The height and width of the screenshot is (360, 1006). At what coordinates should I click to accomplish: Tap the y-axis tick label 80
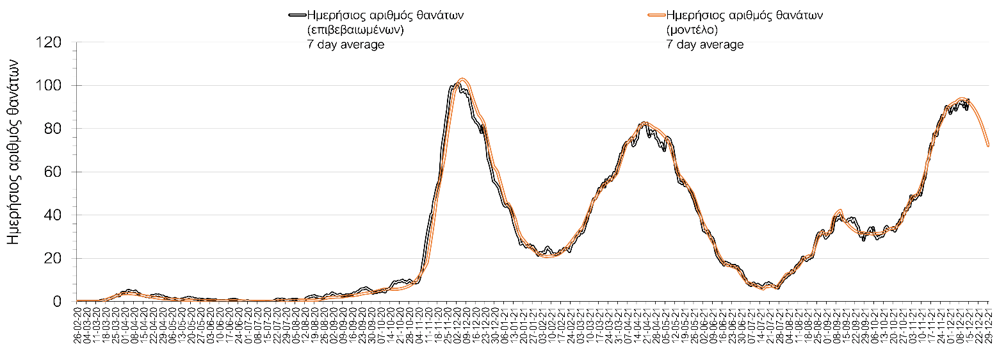pos(52,129)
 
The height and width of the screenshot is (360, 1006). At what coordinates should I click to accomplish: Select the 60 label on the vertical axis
pos(52,172)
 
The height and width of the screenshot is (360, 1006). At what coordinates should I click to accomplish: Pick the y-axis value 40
pos(52,215)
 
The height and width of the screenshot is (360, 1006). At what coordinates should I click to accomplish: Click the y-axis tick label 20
pos(52,259)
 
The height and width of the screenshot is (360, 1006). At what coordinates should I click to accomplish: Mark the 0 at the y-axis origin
pos(56,302)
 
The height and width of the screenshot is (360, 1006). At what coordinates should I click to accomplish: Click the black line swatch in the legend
pos(298,15)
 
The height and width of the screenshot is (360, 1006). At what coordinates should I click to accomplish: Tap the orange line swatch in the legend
pos(656,15)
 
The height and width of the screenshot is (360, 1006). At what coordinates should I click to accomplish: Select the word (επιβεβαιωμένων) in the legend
pos(355,29)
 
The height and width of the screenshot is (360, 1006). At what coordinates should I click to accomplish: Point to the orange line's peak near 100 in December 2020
pos(462,79)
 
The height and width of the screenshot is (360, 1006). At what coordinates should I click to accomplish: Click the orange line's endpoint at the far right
pos(988,146)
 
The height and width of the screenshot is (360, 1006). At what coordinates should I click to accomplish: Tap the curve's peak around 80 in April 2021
pos(644,122)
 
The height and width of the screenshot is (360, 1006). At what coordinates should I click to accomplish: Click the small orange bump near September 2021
pos(840,210)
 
